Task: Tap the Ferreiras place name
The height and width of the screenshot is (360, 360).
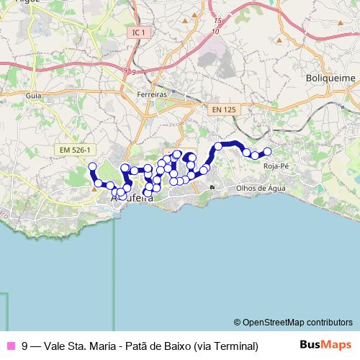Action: (x=152, y=94)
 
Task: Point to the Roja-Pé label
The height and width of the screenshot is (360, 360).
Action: (x=276, y=166)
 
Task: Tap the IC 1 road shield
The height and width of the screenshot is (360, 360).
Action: (x=140, y=33)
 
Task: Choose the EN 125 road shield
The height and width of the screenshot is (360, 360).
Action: (x=223, y=109)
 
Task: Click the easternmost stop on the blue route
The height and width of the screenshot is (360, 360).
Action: (x=268, y=151)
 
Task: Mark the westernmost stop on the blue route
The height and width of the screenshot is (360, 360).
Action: (x=92, y=167)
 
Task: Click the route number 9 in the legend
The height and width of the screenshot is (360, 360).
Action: (x=25, y=346)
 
